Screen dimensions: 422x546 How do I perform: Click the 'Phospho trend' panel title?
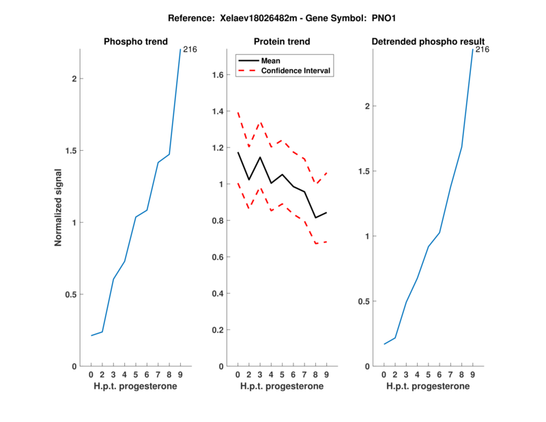tap(135, 42)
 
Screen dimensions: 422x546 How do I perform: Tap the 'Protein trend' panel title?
tap(281, 42)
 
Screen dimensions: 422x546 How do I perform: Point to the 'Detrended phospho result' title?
tap(428, 42)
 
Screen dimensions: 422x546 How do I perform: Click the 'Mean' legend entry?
tap(271, 61)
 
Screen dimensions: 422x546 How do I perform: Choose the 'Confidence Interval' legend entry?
tap(296, 70)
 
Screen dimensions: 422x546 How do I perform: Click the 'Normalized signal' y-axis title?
tap(59, 208)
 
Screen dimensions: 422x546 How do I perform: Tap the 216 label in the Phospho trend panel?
tap(190, 49)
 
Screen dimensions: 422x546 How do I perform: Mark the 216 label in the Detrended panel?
tap(483, 49)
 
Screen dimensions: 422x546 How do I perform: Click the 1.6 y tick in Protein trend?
tap(216, 74)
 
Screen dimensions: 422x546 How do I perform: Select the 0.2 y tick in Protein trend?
tap(216, 330)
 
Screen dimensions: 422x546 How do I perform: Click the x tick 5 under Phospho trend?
tap(136, 375)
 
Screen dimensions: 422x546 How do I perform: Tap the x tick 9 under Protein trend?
tap(326, 375)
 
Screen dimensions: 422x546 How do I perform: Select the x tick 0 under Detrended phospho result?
tap(384, 375)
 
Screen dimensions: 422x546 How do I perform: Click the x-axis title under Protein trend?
tap(281, 386)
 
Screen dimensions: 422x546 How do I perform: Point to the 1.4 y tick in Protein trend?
tap(216, 111)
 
